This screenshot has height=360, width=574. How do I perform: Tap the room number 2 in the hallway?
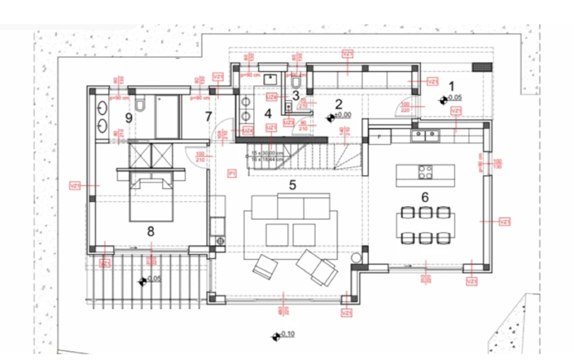(339, 103)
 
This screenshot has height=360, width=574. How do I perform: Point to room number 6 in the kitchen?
(424, 197)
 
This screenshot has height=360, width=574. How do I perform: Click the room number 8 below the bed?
(151, 231)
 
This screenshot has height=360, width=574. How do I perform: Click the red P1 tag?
(232, 173)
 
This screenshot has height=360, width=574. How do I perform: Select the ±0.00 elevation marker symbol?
(331, 116)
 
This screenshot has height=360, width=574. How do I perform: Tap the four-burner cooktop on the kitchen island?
(425, 172)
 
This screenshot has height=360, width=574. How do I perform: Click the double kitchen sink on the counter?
(423, 134)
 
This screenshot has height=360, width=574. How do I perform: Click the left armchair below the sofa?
(266, 266)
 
